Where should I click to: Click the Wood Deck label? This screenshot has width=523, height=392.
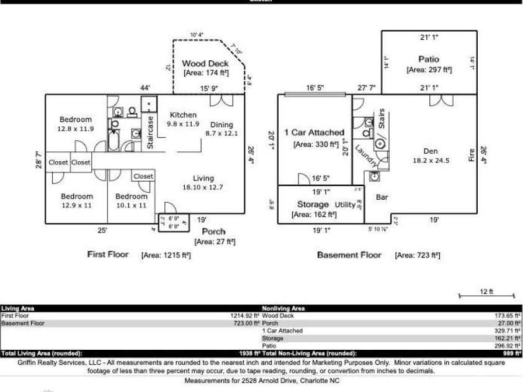[205, 63]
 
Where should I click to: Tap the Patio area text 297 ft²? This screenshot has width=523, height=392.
[429, 70]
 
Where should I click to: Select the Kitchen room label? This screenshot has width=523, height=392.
[183, 115]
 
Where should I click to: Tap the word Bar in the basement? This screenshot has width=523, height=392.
[382, 198]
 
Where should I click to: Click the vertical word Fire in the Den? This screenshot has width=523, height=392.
[471, 154]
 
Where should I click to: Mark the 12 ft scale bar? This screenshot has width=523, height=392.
[486, 296]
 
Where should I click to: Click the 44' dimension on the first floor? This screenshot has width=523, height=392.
[145, 89]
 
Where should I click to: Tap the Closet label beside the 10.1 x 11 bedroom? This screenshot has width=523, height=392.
[143, 177]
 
